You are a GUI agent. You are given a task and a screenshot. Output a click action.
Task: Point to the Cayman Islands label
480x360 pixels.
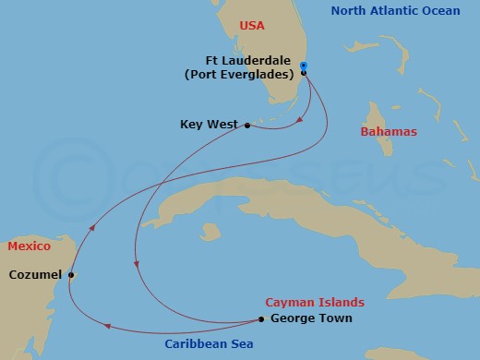tap(314, 303)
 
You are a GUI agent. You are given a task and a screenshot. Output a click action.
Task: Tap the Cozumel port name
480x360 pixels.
tap(35, 274)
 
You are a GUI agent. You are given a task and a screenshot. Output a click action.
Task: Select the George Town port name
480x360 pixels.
tap(311, 319)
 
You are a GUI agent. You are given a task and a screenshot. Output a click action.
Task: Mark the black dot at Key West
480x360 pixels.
tap(246, 125)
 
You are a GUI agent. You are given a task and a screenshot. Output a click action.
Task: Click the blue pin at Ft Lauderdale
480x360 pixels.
tap(304, 66)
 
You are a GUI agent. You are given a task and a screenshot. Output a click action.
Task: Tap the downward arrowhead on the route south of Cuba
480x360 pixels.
tap(137, 264)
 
